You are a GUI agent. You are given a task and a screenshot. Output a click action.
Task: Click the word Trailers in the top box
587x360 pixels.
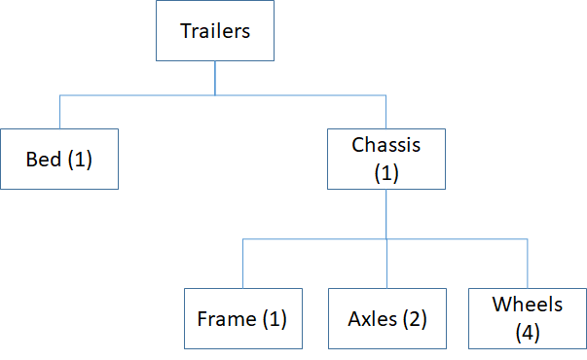(215, 30)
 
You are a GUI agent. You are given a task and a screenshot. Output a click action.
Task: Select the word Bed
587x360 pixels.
(45, 159)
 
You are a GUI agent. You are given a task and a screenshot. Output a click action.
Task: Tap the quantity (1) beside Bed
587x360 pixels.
(79, 159)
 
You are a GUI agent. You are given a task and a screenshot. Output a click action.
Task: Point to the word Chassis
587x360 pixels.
(386, 146)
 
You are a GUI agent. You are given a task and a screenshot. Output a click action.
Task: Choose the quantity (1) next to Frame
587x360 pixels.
(272, 318)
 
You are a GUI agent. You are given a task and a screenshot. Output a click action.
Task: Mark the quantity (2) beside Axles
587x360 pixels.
(413, 318)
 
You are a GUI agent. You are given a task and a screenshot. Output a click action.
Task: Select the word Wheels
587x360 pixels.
(528, 305)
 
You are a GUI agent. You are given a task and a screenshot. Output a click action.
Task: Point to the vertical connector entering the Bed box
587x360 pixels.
(60, 112)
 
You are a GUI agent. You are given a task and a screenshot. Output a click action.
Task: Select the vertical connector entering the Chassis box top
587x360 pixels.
(386, 112)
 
